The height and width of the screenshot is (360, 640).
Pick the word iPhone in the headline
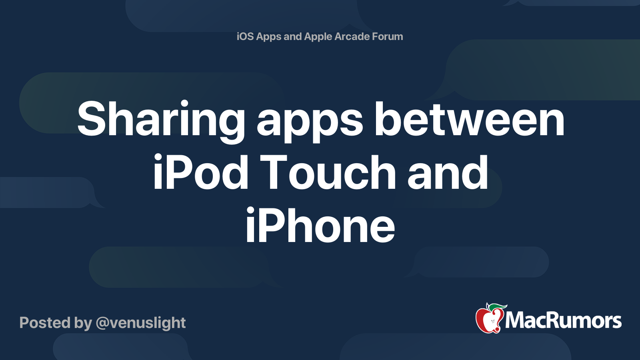pos(320,226)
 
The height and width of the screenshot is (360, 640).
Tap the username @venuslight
pos(141,323)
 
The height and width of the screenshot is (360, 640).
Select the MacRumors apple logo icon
pos(489,319)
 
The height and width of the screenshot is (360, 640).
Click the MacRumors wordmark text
pos(563,321)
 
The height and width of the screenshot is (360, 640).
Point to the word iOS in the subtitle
pos(245,36)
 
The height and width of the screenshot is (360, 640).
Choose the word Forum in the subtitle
pos(388,36)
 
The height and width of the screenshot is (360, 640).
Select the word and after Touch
pos(448,173)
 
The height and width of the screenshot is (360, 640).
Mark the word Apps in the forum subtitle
pos(269,36)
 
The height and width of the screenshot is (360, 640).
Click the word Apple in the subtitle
pos(318,36)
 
